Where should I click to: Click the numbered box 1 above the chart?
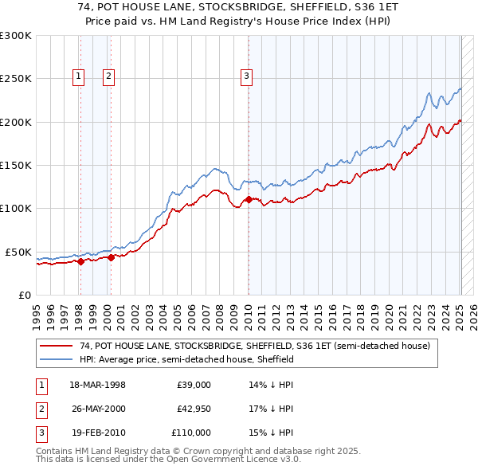(x=80, y=76)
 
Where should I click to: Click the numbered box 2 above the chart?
(x=108, y=76)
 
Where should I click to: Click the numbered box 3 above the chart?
(x=246, y=76)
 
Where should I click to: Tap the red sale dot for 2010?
(x=249, y=200)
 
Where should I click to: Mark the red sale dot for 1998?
(x=80, y=260)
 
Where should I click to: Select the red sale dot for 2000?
(x=111, y=257)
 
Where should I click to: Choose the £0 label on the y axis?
(x=25, y=295)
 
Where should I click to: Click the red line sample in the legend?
(x=57, y=347)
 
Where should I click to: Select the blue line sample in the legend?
(x=57, y=360)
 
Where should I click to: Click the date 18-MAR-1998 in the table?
(x=97, y=384)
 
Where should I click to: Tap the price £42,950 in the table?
(x=194, y=409)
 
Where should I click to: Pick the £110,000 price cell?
(x=191, y=433)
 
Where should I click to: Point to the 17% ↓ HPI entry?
(x=271, y=409)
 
